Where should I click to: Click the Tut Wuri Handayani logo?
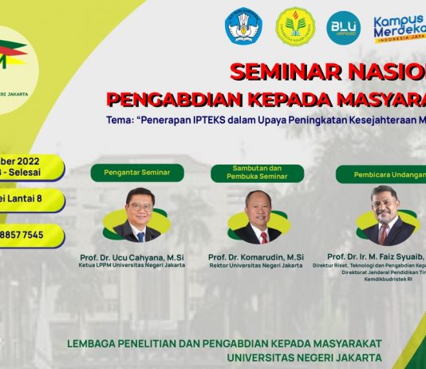tap(243, 26)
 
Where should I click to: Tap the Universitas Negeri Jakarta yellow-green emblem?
tap(295, 26)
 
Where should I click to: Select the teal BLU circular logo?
tap(344, 27)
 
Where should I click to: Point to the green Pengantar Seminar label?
tap(137, 172)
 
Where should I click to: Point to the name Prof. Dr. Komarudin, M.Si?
tap(256, 256)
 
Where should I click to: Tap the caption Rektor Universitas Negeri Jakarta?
tap(256, 265)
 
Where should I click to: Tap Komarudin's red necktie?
tap(263, 236)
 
